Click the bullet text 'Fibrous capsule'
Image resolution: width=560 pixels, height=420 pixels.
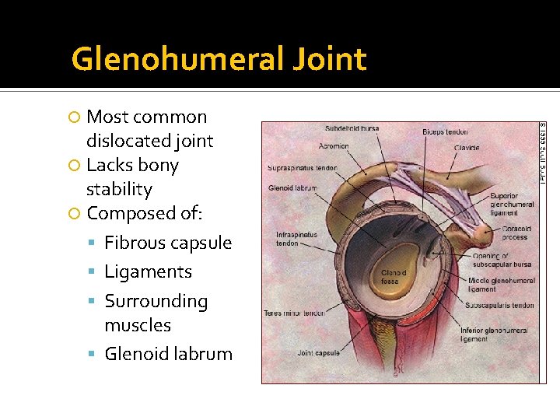168,243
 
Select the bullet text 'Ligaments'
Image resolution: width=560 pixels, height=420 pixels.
148,271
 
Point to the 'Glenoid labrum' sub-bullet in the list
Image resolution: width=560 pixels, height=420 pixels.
168,354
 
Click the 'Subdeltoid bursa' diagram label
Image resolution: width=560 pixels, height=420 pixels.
352,129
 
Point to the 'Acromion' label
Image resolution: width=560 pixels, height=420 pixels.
334,146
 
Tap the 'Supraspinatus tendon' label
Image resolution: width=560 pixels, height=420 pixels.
302,168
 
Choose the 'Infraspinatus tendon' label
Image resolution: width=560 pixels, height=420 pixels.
297,239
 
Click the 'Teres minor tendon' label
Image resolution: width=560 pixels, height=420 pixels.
292,313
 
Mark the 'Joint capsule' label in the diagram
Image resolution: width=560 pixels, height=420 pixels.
318,353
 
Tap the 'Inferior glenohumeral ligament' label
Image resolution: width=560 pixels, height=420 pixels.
493,334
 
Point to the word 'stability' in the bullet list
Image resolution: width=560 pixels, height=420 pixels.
119,189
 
